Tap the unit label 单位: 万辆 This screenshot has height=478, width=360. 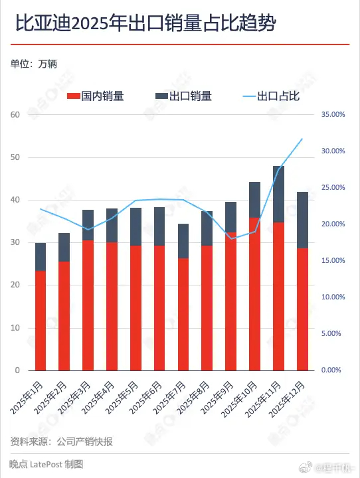click(34, 64)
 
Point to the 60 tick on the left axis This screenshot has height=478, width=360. click(16, 115)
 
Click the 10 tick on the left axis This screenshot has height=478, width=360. click(16, 328)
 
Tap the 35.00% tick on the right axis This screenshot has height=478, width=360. click(333, 115)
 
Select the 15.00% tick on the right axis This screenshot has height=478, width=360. click(333, 261)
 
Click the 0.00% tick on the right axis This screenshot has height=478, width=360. click(333, 370)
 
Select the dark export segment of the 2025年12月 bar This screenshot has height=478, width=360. click(302, 220)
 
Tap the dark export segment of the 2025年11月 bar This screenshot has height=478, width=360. click(278, 194)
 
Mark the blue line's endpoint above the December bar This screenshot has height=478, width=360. click(302, 139)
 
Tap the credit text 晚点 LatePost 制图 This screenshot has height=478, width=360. click(46, 465)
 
